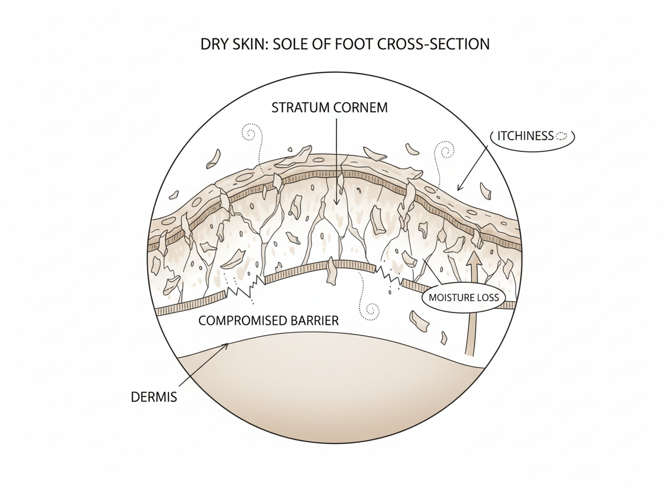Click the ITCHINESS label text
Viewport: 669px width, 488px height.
click(x=526, y=136)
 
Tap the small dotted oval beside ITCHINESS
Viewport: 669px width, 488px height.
click(x=562, y=136)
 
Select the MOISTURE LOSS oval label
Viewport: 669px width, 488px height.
click(x=464, y=297)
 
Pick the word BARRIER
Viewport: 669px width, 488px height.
click(x=315, y=321)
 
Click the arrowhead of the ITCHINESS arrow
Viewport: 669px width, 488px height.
click(x=459, y=189)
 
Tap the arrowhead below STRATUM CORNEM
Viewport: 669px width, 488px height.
click(x=337, y=202)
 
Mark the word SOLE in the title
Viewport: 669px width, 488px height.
click(x=290, y=44)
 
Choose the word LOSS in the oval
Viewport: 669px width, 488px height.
click(x=486, y=297)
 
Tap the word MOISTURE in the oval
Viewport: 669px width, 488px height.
click(x=452, y=297)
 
